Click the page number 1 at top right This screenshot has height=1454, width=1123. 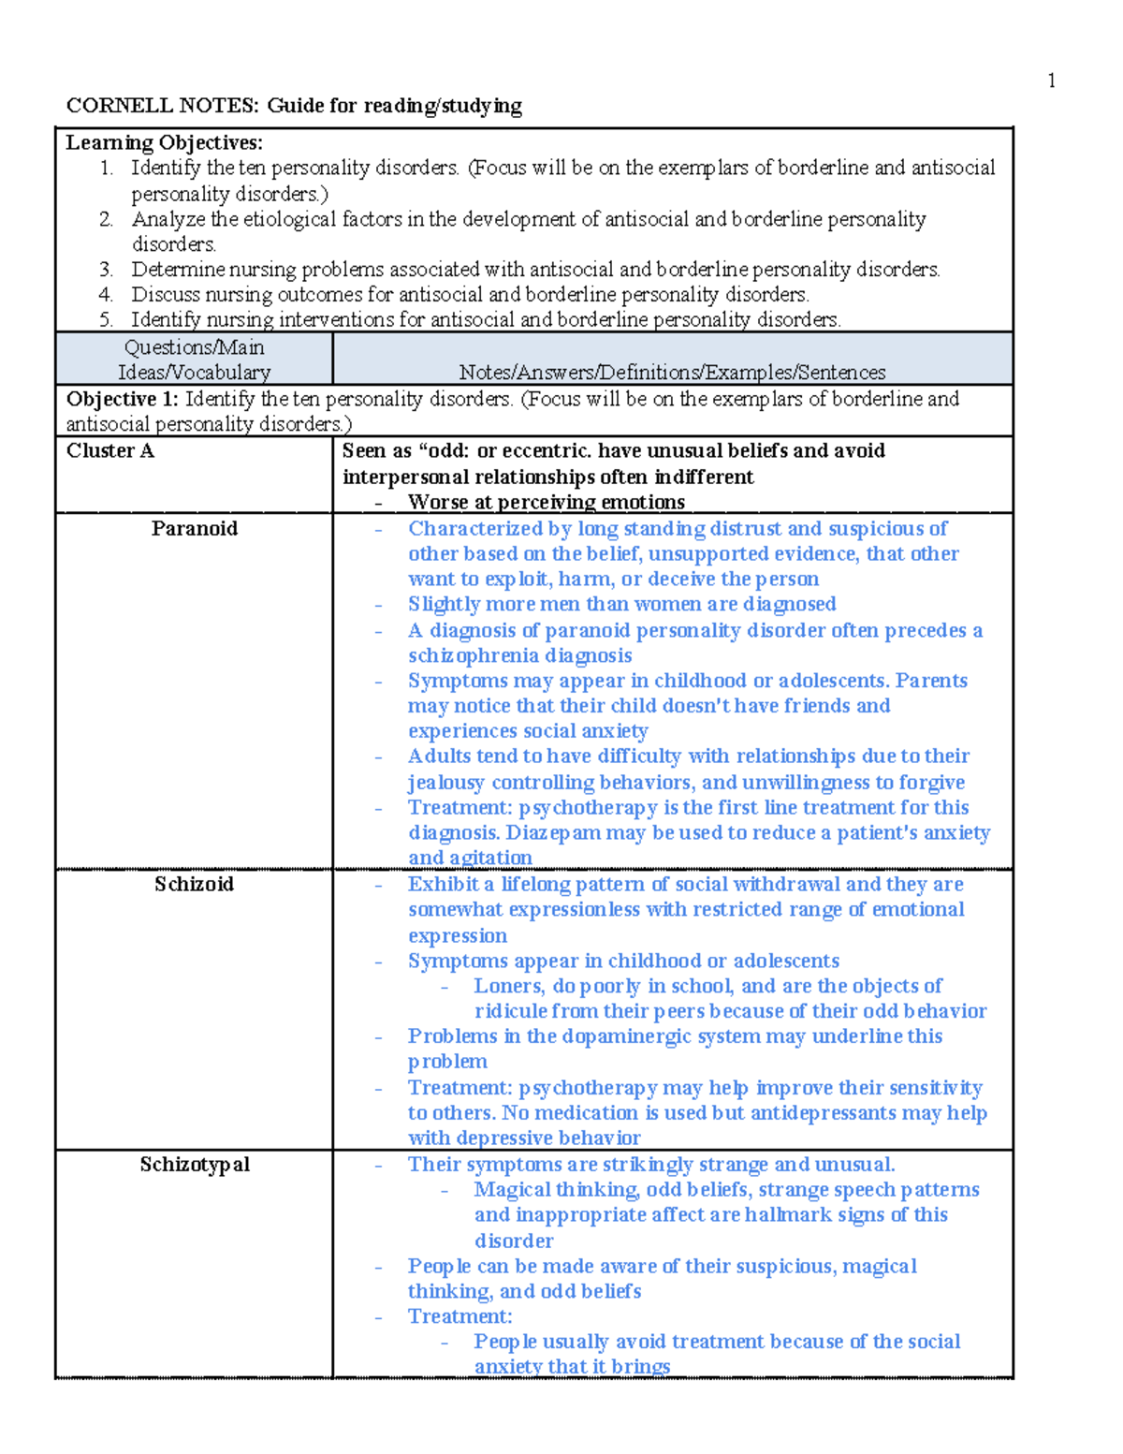click(x=1051, y=81)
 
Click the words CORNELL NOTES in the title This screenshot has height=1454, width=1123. click(x=162, y=106)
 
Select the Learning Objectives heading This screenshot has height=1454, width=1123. click(x=164, y=143)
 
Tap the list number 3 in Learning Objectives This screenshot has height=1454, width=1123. click(x=106, y=270)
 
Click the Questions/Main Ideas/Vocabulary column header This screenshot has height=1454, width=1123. click(x=194, y=360)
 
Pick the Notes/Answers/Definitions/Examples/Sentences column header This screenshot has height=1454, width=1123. click(x=672, y=373)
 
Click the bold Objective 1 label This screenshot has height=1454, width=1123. click(x=122, y=399)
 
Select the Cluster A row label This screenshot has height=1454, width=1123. click(x=109, y=451)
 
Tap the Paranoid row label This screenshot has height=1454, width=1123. click(x=194, y=529)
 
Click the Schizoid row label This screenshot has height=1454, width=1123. click(x=194, y=885)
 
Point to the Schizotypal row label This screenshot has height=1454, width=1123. click(x=195, y=1165)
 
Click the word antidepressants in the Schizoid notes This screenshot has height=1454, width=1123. click(x=823, y=1113)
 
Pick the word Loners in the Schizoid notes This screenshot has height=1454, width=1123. click(x=509, y=986)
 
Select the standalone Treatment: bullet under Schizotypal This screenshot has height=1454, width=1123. click(x=459, y=1317)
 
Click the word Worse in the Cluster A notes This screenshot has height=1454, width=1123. click(x=437, y=503)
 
